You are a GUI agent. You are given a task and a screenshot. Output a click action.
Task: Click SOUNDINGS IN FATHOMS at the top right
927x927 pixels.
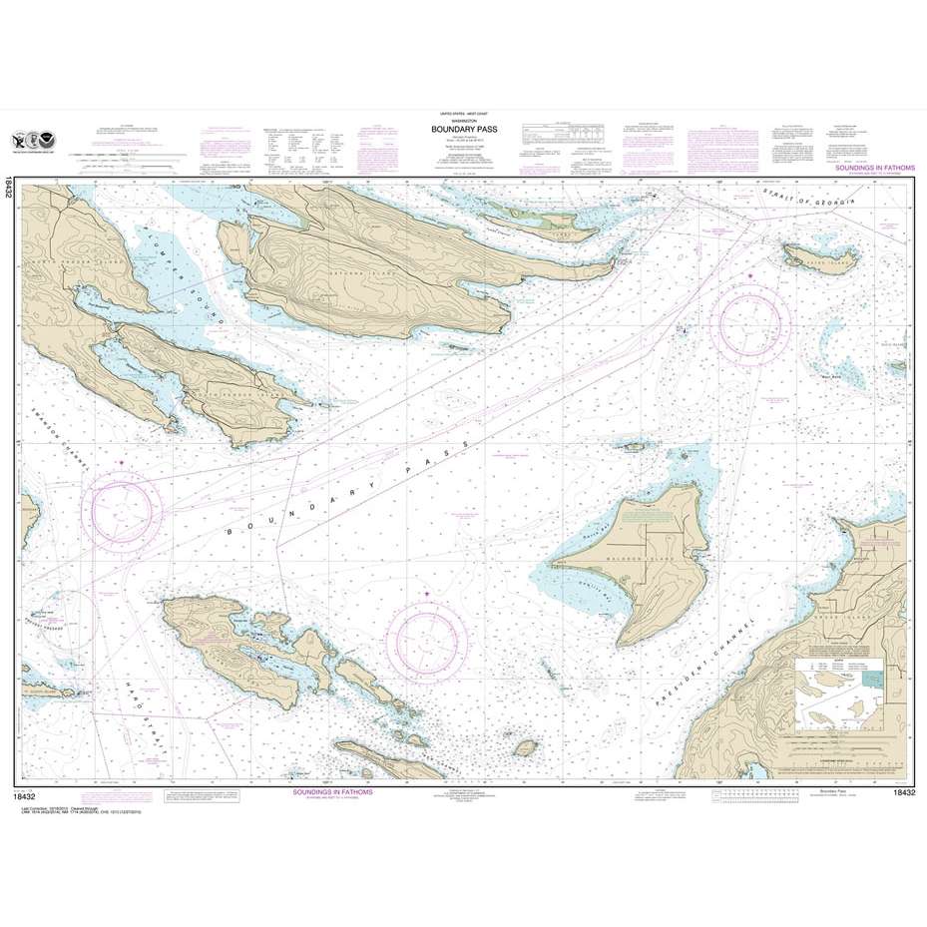tap(871, 171)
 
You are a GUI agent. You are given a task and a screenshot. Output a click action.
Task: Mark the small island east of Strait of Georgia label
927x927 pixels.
tap(820, 255)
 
